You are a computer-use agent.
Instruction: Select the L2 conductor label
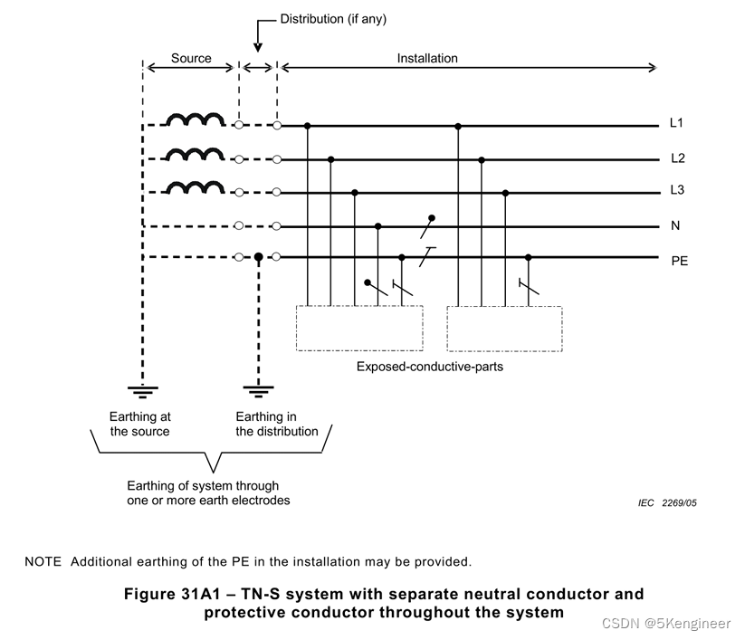[678, 158]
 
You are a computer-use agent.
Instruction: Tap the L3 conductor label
[678, 192]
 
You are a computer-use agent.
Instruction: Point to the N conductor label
[675, 226]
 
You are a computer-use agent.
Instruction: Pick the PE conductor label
[679, 261]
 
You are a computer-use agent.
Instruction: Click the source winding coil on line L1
[196, 120]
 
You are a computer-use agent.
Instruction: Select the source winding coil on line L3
[196, 187]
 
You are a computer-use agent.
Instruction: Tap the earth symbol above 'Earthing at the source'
[143, 390]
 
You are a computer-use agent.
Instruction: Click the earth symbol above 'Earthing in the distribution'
[258, 390]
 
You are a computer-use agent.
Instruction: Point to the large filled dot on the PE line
[258, 258]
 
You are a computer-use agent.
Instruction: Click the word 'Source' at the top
[191, 58]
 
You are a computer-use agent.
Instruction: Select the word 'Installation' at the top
[427, 58]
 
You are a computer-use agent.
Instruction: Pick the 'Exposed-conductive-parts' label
[429, 367]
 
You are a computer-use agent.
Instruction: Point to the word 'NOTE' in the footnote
[43, 561]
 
